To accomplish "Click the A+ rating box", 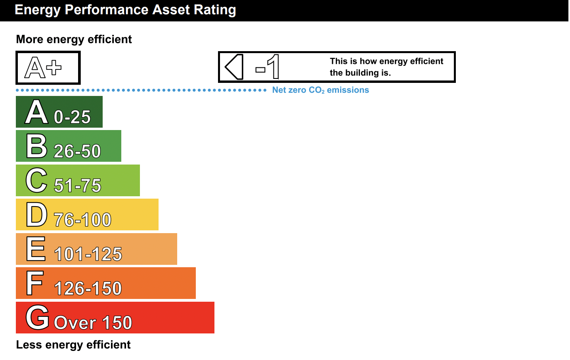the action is [x=48, y=68].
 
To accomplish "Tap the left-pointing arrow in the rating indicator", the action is [x=234, y=67].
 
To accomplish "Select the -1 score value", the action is [x=267, y=67].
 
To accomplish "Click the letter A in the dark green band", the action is [x=36, y=112].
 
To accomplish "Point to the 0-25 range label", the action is [x=72, y=117].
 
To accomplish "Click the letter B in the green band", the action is [x=36, y=146].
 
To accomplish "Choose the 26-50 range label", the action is [x=77, y=151].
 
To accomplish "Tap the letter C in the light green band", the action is [x=36, y=180].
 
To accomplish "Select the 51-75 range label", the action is [x=78, y=185].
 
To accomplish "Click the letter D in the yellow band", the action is [x=36, y=214].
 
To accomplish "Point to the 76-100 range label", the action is [x=82, y=220].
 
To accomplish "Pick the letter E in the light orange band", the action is [x=36, y=249].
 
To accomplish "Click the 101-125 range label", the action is [x=88, y=254].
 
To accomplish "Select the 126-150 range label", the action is [x=88, y=289].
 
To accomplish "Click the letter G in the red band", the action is [x=37, y=318].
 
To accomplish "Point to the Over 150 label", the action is [x=93, y=323].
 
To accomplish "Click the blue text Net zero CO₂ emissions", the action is [x=321, y=90].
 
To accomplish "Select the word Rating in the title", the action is [x=215, y=10].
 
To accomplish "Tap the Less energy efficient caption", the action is [x=73, y=345].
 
